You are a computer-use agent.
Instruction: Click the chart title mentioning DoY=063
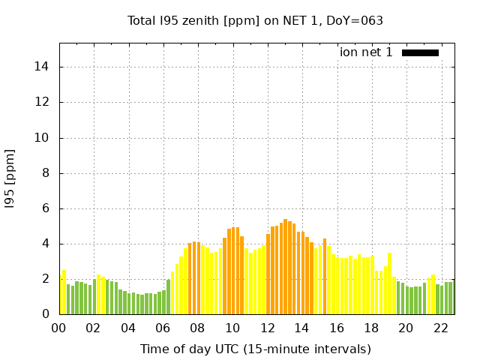click(x=255, y=20)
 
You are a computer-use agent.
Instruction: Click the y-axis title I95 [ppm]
click(x=10, y=178)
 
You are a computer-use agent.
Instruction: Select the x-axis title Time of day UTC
click(x=255, y=349)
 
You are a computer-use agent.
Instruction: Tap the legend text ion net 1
click(x=366, y=52)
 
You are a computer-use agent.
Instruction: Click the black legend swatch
click(x=420, y=52)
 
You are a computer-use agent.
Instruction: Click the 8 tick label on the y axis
click(x=46, y=173)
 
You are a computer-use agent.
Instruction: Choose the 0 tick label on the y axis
click(x=46, y=315)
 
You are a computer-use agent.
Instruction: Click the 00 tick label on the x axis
click(x=59, y=328)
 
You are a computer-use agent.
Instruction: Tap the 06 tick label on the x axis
click(x=163, y=328)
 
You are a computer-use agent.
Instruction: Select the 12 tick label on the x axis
click(x=267, y=328)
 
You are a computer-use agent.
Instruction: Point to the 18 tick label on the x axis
click(x=370, y=328)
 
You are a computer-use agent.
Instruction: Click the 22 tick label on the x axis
click(x=440, y=328)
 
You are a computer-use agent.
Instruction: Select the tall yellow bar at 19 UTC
click(x=389, y=283)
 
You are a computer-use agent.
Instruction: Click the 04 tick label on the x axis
click(x=128, y=328)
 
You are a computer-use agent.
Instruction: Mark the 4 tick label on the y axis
click(x=46, y=244)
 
